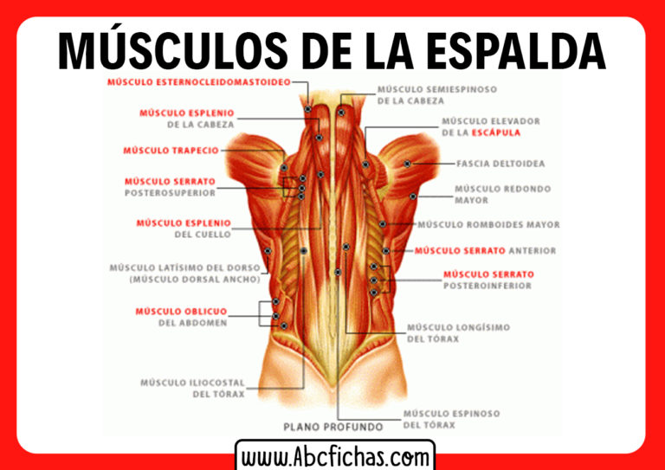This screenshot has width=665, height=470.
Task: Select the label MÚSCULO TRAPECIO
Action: (171, 151)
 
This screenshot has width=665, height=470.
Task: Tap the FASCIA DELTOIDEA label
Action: (501, 164)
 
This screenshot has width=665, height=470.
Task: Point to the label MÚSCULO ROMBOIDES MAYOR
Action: (488, 225)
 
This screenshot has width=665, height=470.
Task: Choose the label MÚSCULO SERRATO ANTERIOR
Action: (485, 251)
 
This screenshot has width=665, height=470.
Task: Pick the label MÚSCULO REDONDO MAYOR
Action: (502, 194)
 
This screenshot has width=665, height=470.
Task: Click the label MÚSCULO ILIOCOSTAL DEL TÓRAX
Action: (192, 388)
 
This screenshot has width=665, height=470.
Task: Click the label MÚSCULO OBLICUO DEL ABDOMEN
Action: (181, 317)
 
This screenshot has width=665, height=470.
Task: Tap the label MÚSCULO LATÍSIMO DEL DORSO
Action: (184, 274)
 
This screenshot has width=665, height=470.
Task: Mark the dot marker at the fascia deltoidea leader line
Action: (407, 164)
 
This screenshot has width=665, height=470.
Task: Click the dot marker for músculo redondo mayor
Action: (413, 196)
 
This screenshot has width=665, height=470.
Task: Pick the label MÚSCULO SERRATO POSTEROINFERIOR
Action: (488, 280)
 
